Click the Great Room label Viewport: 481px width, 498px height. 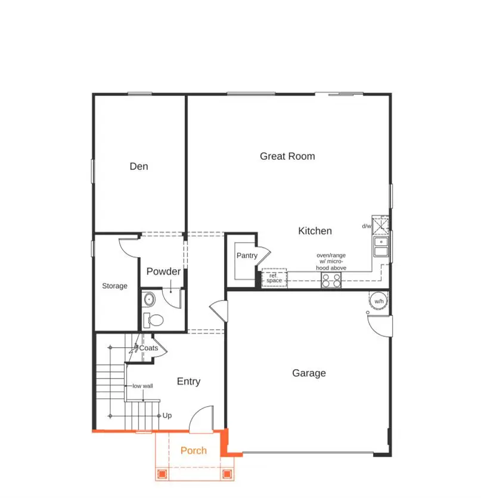point(287,156)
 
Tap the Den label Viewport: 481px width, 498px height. point(139,166)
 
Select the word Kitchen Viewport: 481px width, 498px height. point(315,231)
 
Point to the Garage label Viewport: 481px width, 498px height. point(309,373)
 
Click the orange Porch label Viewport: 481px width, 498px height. point(194,450)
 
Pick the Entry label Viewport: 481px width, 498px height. point(188,382)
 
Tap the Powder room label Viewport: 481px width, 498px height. point(163,272)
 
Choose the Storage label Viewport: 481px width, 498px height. point(114,286)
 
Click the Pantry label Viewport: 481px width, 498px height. point(247,256)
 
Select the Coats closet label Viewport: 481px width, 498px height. point(148,348)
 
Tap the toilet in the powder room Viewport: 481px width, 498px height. point(155,320)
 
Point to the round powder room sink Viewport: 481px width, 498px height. point(149,299)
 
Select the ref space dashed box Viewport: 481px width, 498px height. point(274,279)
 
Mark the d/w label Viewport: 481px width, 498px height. point(366,227)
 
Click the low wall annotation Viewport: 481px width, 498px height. point(142,386)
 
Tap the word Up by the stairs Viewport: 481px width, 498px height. point(167,416)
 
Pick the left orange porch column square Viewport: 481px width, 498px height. point(162,474)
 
